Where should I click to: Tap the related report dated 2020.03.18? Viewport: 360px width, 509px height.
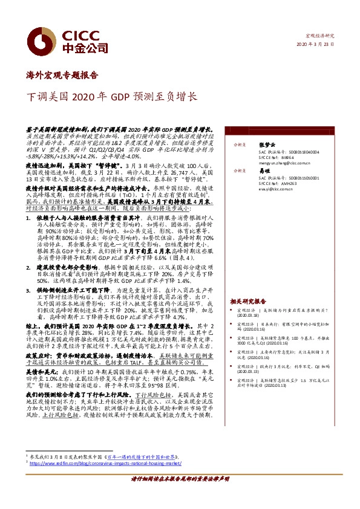284,312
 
